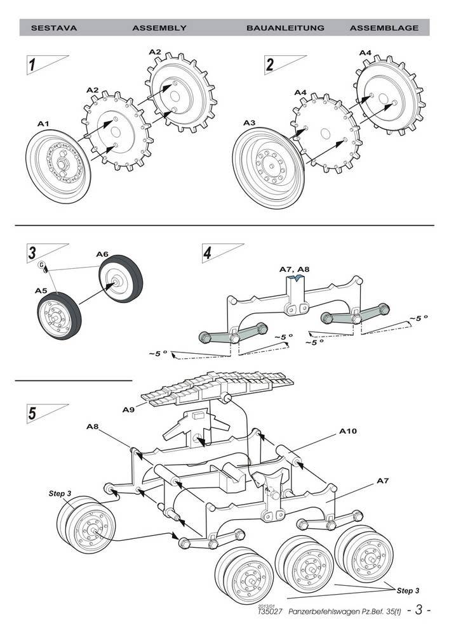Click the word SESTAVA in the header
point(48,28)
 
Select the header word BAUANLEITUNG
point(285,28)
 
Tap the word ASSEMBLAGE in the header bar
point(384,28)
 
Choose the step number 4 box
point(208,254)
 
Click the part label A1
point(43,124)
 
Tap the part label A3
point(250,122)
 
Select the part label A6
point(102,254)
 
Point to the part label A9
point(128,410)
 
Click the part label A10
point(347,431)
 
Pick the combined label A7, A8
point(295,269)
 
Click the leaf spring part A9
point(216,387)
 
